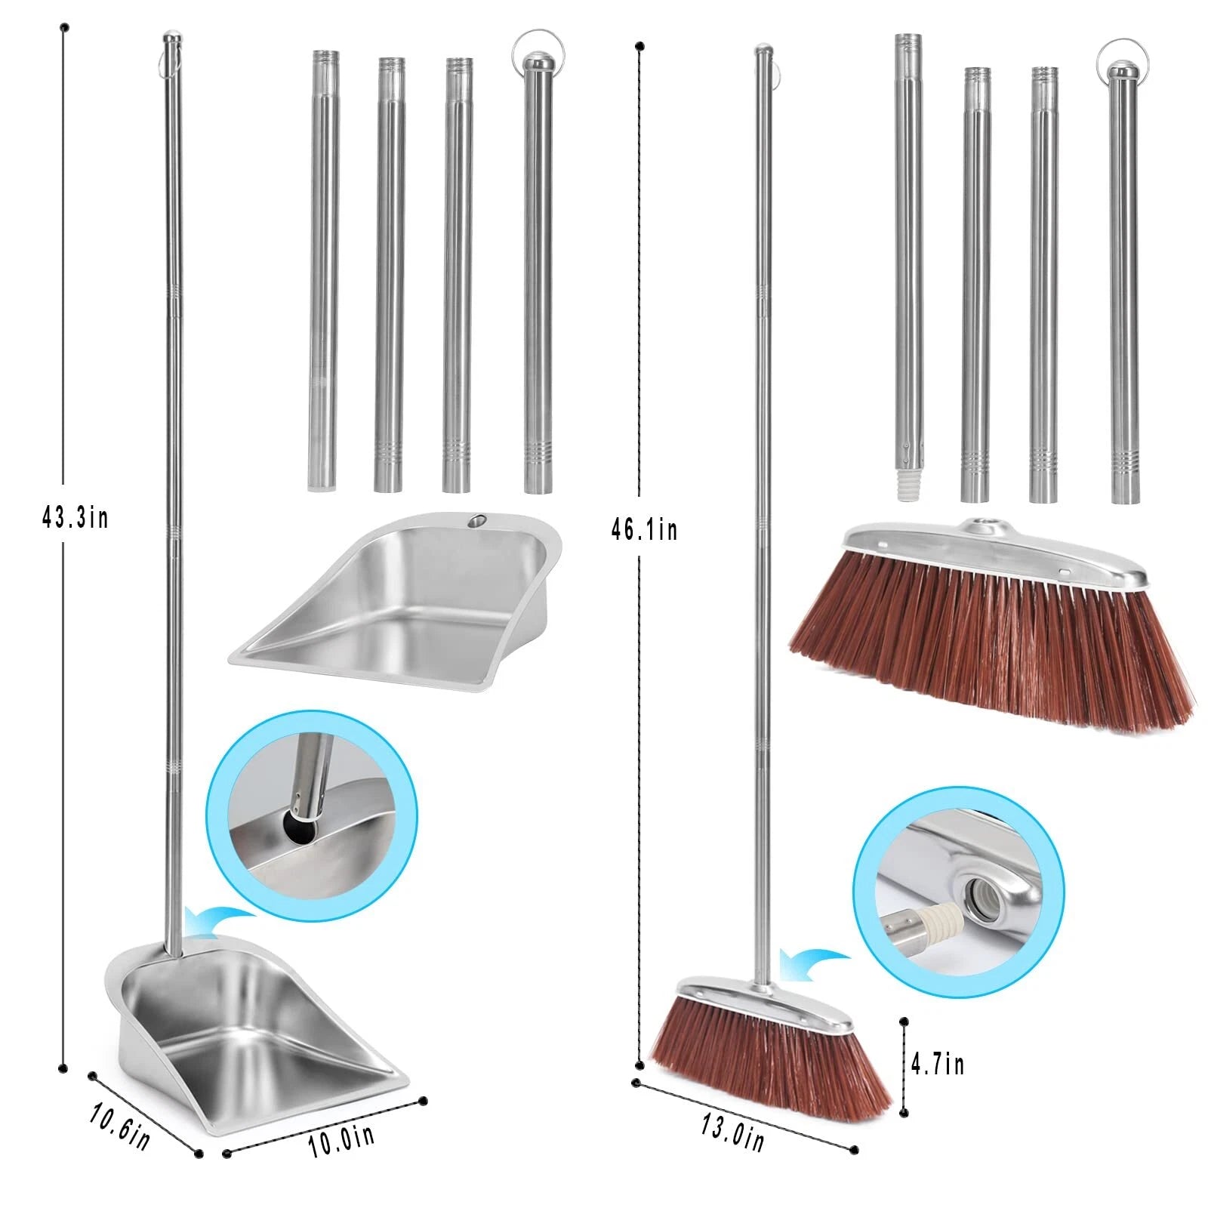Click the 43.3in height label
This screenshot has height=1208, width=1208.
pos(75,518)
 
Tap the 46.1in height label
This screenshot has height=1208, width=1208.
pos(644,530)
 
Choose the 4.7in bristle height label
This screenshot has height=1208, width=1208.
pos(937,1065)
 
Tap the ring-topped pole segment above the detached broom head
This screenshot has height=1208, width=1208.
pos(1123,287)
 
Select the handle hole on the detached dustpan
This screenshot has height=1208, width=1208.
pos(477,521)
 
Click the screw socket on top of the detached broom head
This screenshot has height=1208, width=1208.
pos(982,522)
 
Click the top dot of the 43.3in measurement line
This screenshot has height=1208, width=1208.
pos(64,27)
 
